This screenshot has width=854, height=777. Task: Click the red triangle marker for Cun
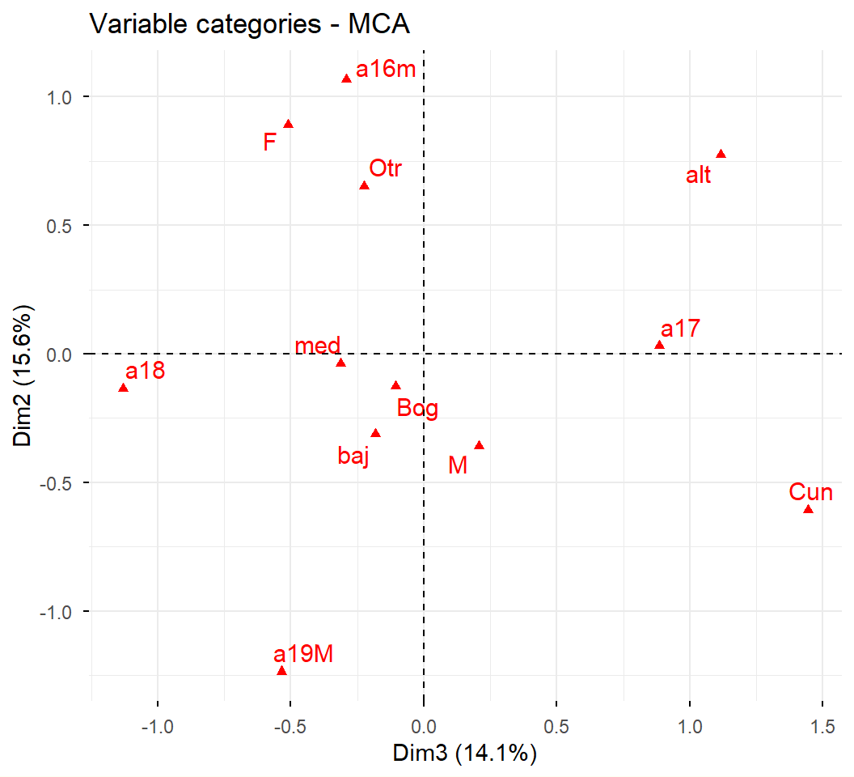point(808,509)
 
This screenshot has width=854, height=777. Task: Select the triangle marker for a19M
point(281,671)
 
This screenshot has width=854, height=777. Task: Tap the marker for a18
point(123,388)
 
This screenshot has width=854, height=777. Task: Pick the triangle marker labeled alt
point(721,155)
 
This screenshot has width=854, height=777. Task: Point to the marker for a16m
point(346,79)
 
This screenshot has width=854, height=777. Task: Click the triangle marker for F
point(288,124)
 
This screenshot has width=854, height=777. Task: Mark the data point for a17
point(659,346)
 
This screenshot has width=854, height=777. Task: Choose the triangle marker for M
point(479,445)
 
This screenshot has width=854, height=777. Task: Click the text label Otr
point(385,169)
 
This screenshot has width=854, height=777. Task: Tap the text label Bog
point(417,409)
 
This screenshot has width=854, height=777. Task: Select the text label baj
point(353,456)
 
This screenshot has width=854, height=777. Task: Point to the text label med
point(317,346)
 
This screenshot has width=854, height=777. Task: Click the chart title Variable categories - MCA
point(250,24)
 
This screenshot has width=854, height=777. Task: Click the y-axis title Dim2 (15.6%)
point(22,374)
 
